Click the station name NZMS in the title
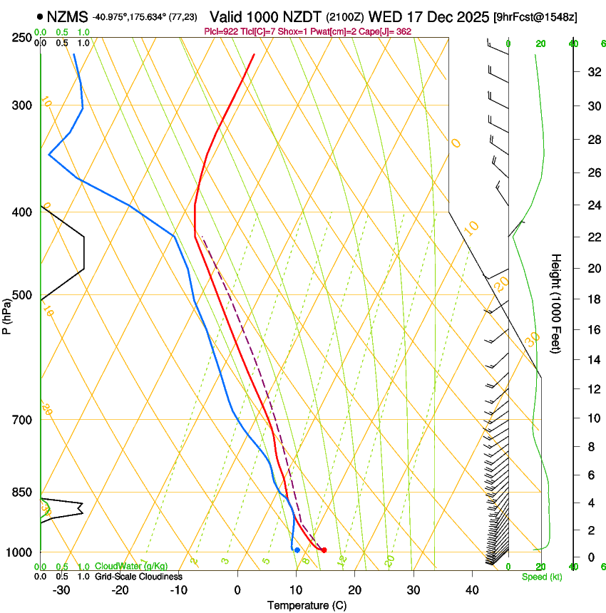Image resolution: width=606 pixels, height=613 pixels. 68,16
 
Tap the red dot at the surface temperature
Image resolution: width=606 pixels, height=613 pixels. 324,550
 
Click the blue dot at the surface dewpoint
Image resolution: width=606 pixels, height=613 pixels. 297,550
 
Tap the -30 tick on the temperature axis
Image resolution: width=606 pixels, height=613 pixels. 61,589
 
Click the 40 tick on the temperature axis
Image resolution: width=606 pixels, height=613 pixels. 472,589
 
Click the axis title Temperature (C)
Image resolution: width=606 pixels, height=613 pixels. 306,605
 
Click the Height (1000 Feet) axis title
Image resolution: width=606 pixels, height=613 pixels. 557,303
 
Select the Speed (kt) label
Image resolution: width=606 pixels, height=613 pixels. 542,577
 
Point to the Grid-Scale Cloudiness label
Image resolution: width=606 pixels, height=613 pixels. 138,576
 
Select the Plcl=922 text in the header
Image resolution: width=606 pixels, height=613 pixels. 220,32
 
